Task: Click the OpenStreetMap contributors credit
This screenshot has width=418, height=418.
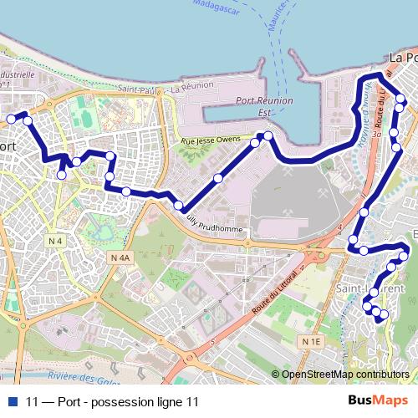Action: point(344,375)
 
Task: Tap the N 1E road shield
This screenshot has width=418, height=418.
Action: point(312,341)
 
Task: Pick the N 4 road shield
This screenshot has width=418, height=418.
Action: point(56,242)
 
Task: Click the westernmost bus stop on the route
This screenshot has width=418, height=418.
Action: point(11,120)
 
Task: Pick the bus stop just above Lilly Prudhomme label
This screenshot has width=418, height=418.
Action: point(178,205)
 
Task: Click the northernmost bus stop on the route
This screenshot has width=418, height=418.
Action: point(369,80)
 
